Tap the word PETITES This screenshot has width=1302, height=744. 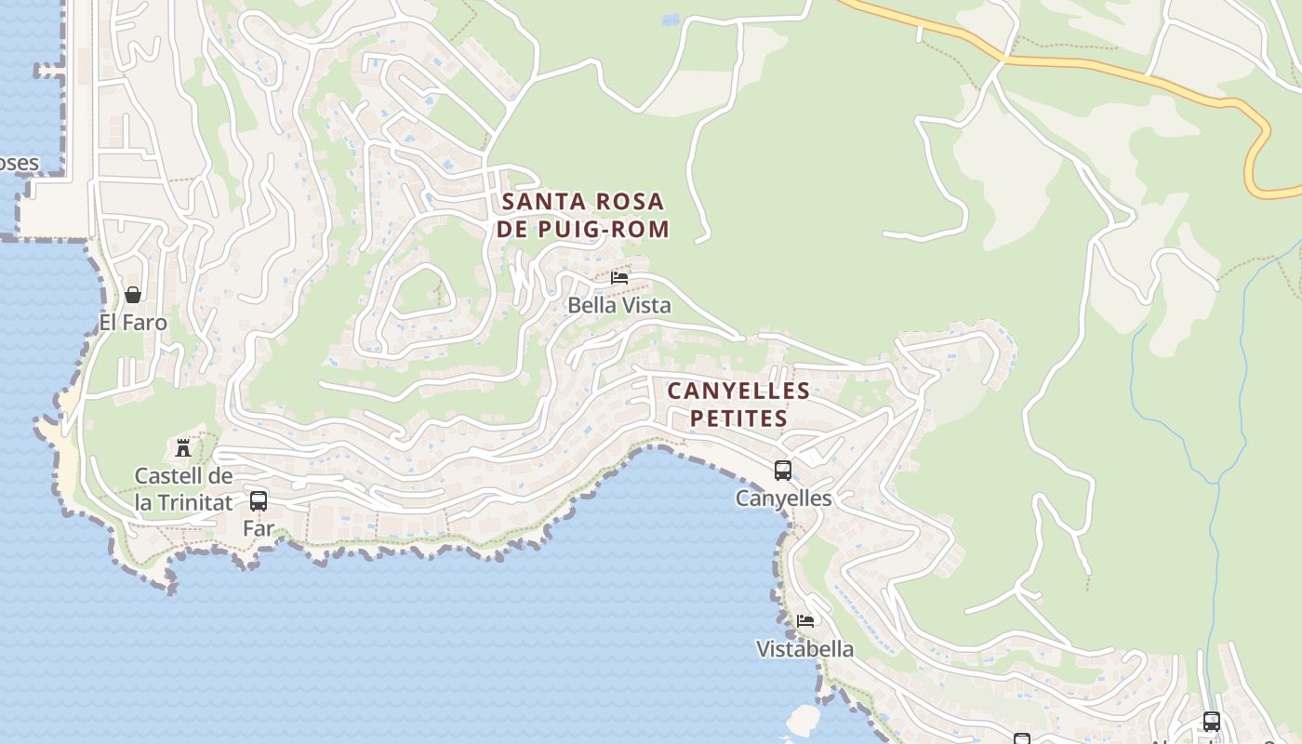(739, 418)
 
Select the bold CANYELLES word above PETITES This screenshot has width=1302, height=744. (738, 391)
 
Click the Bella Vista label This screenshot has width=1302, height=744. (618, 305)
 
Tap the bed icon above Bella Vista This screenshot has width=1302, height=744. (619, 278)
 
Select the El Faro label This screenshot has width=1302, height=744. (133, 323)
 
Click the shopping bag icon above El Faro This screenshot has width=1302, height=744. (133, 295)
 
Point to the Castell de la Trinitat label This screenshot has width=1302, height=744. (183, 489)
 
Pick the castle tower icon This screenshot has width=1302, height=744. (183, 448)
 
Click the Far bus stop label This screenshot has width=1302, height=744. (259, 528)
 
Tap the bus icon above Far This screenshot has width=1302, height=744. (259, 501)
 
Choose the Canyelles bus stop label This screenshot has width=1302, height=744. (783, 498)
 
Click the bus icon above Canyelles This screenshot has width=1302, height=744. (783, 471)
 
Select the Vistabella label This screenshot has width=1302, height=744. (804, 649)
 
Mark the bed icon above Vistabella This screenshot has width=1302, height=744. (805, 621)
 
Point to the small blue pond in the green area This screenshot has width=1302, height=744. (670, 19)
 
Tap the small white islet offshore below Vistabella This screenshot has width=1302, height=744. (803, 719)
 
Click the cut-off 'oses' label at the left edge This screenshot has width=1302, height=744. (19, 164)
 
